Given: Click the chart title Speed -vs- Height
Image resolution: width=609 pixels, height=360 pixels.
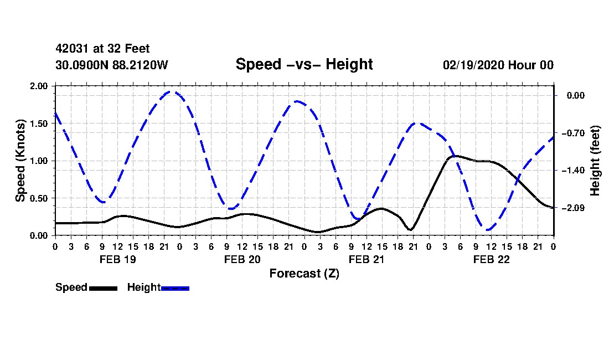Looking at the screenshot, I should coord(304,64).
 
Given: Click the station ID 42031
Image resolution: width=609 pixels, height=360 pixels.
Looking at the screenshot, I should coord(69,49).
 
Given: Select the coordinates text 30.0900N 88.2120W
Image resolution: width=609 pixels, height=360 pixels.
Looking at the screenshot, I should coord(111,65).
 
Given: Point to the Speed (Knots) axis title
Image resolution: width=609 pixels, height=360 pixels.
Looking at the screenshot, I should coord(20,161).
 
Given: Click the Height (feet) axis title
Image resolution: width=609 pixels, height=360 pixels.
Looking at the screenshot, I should coord(596,161).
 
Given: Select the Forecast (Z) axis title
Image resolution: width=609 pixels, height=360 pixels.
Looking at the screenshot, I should coord(304,274).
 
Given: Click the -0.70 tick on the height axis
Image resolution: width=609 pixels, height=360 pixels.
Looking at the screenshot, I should coord(571,133).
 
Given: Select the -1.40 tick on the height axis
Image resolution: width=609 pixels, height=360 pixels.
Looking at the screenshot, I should coord(571,171).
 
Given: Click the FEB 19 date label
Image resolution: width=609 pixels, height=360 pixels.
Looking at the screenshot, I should coord(117,259).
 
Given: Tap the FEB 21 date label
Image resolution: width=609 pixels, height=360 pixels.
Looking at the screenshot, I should coord(366,259).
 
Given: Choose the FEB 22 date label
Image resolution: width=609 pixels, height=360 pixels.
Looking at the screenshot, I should coord(491,259).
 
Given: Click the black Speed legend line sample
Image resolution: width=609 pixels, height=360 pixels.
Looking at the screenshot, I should coord(103,288).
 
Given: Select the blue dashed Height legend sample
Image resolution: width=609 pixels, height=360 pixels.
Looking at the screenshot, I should coord(175,288).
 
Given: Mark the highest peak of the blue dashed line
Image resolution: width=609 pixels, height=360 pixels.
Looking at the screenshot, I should coord(172,92).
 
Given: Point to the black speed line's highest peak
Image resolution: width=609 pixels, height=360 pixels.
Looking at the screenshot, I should coord(455,156).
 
